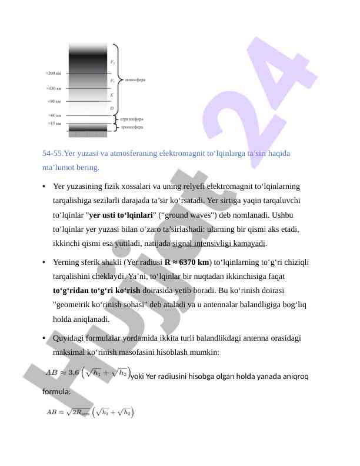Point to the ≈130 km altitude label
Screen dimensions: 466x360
(x=54, y=89)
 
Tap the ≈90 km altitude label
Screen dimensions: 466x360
(x=55, y=101)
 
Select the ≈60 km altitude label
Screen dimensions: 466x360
(x=54, y=115)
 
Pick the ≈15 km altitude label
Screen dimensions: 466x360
(x=54, y=124)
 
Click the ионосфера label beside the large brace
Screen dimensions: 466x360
(x=136, y=78)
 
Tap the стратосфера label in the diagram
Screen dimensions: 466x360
(x=132, y=119)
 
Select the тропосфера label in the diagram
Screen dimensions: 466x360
(x=132, y=127)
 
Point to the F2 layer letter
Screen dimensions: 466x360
(x=112, y=61)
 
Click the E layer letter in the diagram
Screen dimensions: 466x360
(x=112, y=94)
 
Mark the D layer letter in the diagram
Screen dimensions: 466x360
(x=112, y=109)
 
